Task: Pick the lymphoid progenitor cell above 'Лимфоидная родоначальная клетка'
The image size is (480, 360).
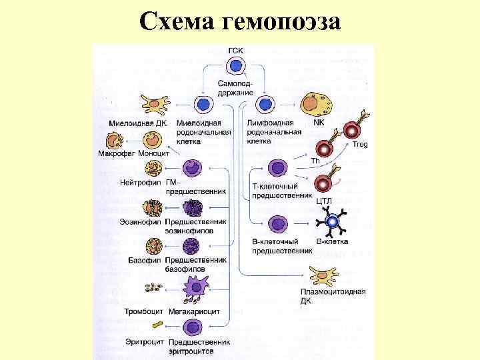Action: click(x=265, y=105)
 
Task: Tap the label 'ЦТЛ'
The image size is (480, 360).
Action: click(x=325, y=201)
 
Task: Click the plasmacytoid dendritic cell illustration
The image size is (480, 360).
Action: click(x=324, y=275)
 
